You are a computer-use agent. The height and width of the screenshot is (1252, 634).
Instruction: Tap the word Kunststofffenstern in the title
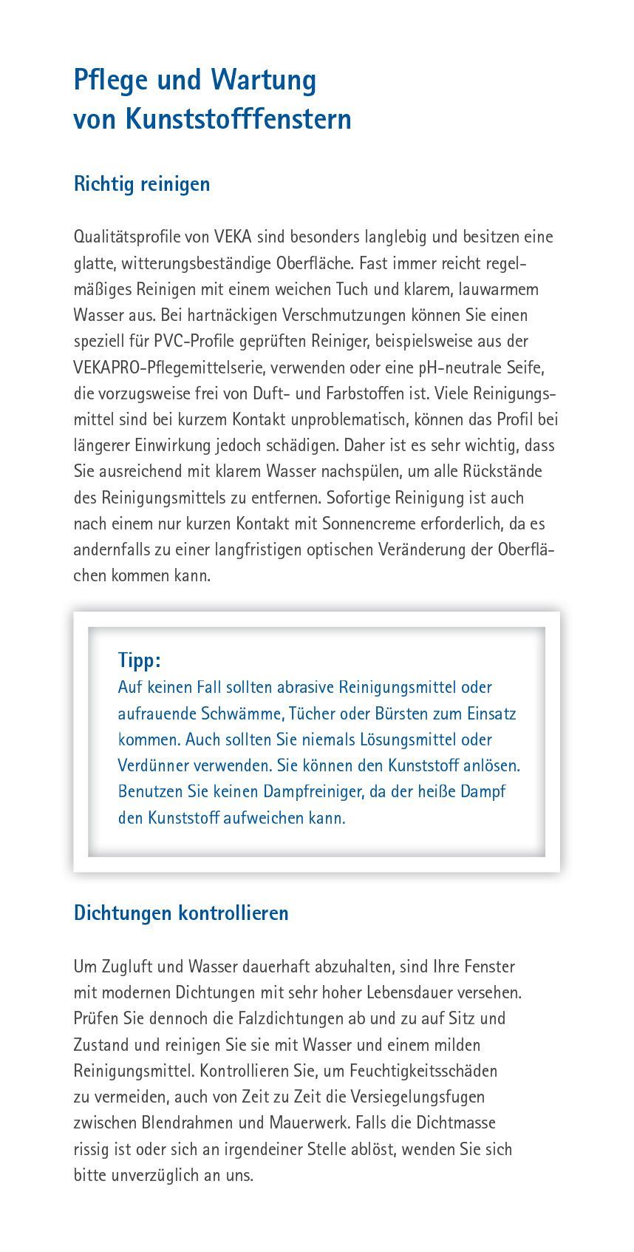click(239, 118)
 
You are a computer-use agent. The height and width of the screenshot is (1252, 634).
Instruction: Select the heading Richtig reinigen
click(142, 183)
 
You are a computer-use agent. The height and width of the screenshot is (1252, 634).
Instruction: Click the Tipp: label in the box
click(139, 660)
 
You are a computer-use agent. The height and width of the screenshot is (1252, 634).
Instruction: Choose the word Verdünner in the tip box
click(154, 765)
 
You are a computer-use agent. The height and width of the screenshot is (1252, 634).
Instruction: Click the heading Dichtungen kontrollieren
click(181, 913)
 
